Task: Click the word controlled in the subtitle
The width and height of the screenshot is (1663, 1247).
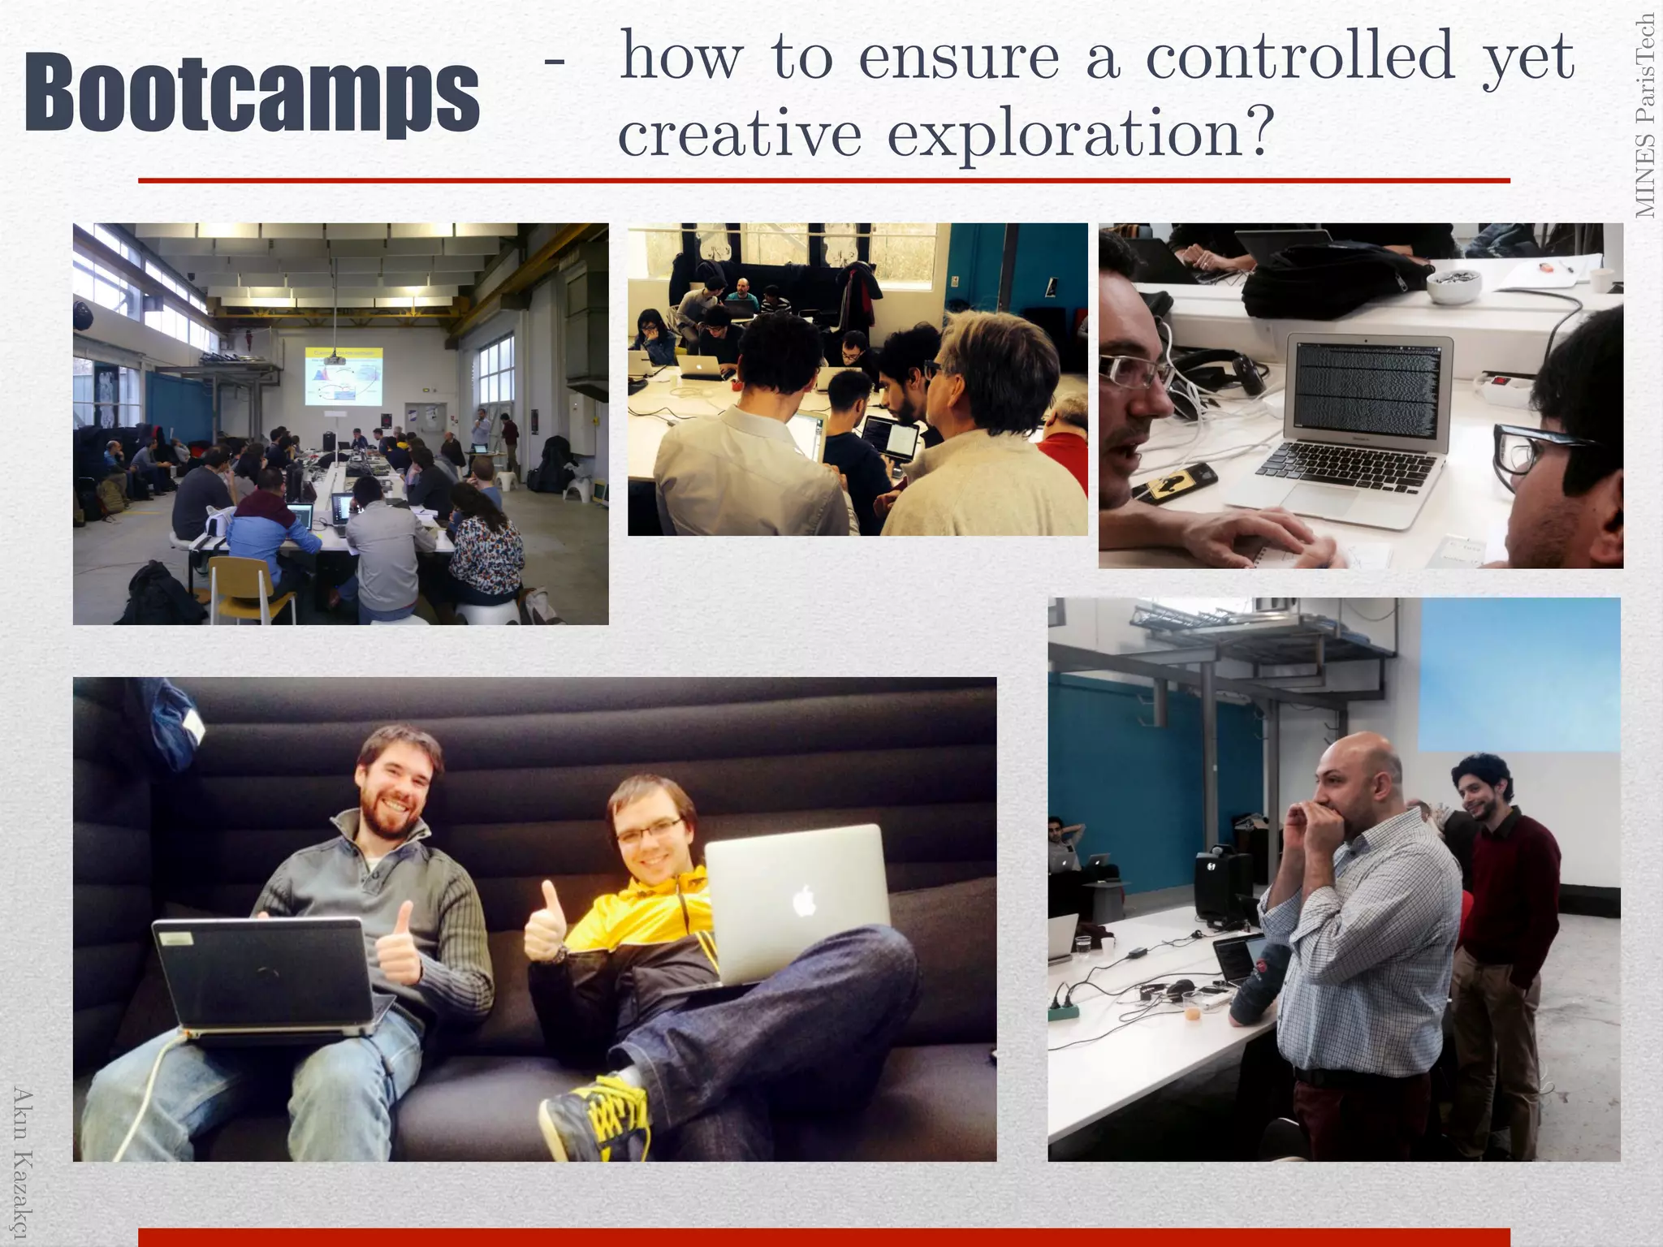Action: [1300, 57]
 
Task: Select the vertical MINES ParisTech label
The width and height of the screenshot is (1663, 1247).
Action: [1645, 115]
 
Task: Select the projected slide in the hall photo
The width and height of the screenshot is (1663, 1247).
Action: [343, 376]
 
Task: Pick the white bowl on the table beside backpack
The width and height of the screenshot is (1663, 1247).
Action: [1454, 284]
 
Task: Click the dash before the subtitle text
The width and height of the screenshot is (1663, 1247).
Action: [555, 61]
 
